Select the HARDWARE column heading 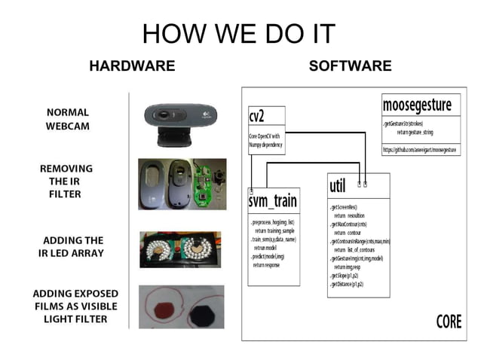[x=132, y=66]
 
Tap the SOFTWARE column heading [x=350, y=66]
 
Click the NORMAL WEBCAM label [x=67, y=119]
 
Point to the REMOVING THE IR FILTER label [x=66, y=181]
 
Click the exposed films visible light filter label [x=75, y=306]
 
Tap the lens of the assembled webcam [x=179, y=117]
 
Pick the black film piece [x=201, y=311]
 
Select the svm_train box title [x=273, y=202]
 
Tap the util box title [x=338, y=185]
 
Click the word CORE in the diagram [x=449, y=322]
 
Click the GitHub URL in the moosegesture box [x=420, y=151]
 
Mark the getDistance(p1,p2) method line [x=348, y=284]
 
